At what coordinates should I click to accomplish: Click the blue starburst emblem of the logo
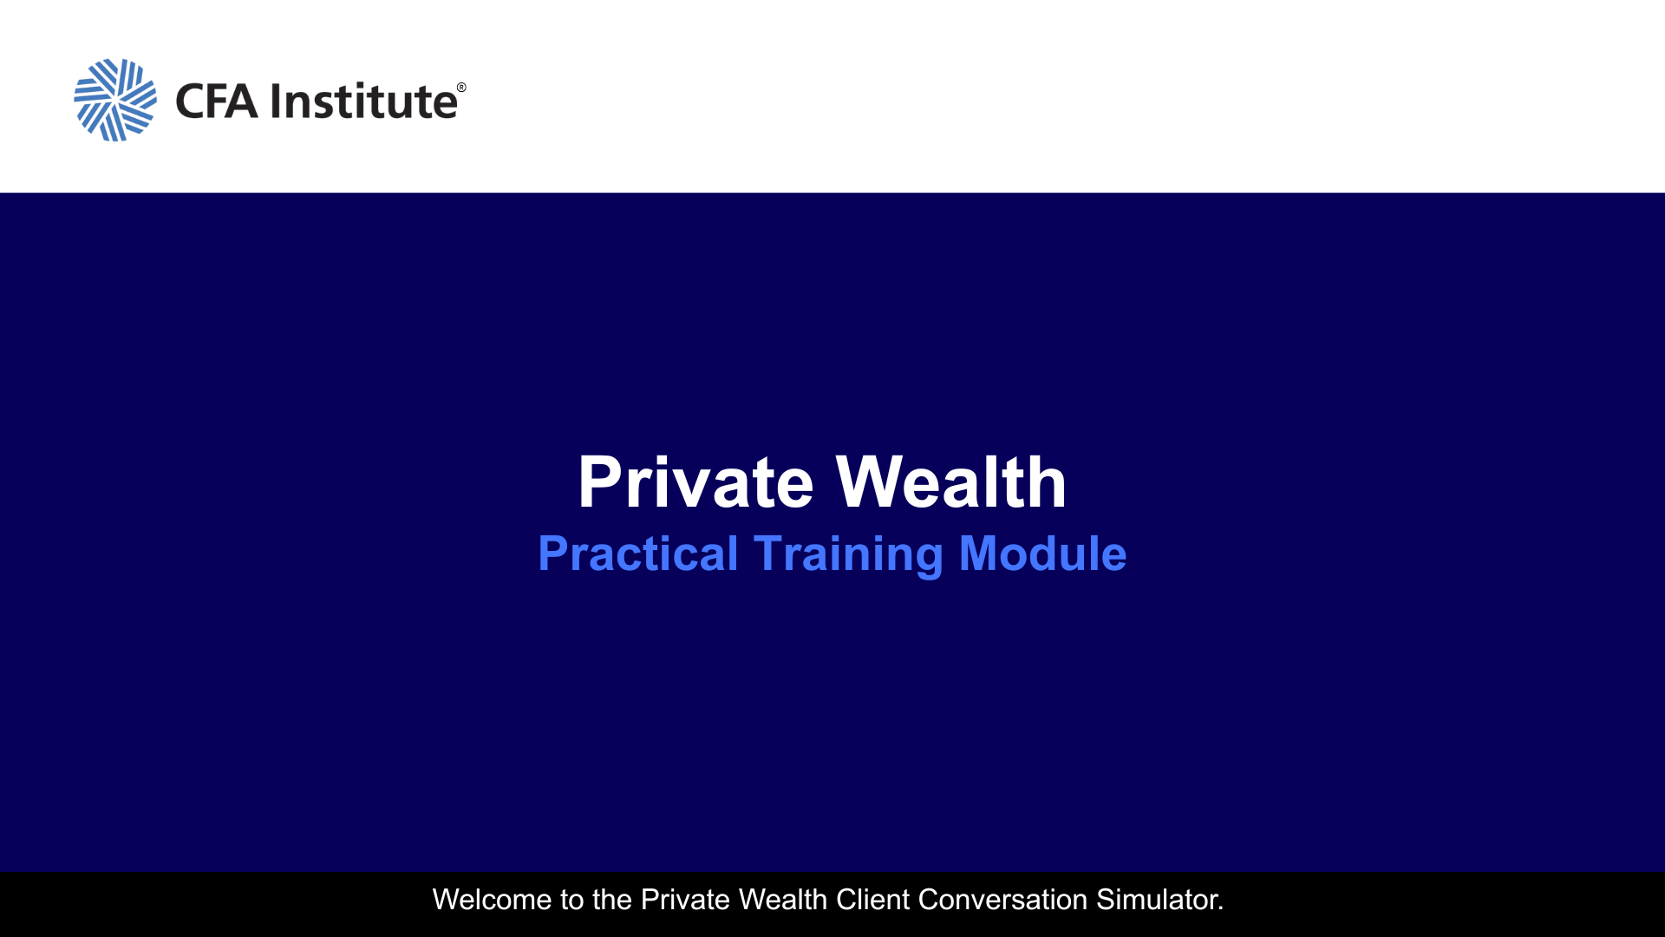click(x=115, y=100)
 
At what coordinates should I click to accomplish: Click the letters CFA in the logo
click(x=217, y=101)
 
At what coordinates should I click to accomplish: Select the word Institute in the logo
click(x=364, y=100)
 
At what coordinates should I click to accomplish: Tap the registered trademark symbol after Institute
click(x=461, y=88)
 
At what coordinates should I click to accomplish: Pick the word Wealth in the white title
click(x=950, y=482)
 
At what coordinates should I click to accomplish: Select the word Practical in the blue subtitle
click(x=638, y=554)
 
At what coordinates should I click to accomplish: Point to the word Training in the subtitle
click(x=848, y=554)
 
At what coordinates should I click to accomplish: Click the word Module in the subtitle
click(x=1042, y=554)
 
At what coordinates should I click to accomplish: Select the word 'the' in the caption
click(x=611, y=900)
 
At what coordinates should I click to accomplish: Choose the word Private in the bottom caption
click(x=685, y=900)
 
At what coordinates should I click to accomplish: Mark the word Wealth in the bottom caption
click(x=782, y=900)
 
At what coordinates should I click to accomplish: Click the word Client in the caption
click(x=872, y=900)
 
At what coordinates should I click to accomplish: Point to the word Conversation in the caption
click(x=1002, y=900)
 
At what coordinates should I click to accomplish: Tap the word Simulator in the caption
click(x=1155, y=900)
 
